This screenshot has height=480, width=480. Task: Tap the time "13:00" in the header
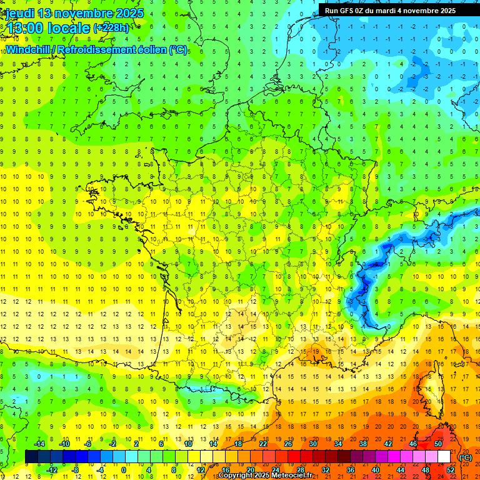(23, 29)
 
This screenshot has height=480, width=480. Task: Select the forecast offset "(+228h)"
(111, 28)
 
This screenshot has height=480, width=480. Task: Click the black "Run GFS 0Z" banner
(390, 11)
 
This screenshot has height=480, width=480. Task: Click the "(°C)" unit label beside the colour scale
(465, 457)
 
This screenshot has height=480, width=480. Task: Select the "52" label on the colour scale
(451, 470)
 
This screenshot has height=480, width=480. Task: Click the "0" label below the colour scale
(124, 470)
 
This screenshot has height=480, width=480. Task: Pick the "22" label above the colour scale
(263, 444)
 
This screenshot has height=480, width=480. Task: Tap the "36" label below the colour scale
(351, 470)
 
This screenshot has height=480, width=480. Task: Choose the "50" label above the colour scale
(438, 444)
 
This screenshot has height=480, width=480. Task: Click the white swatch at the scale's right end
(444, 457)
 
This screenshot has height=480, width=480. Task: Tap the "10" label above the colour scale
(188, 444)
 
